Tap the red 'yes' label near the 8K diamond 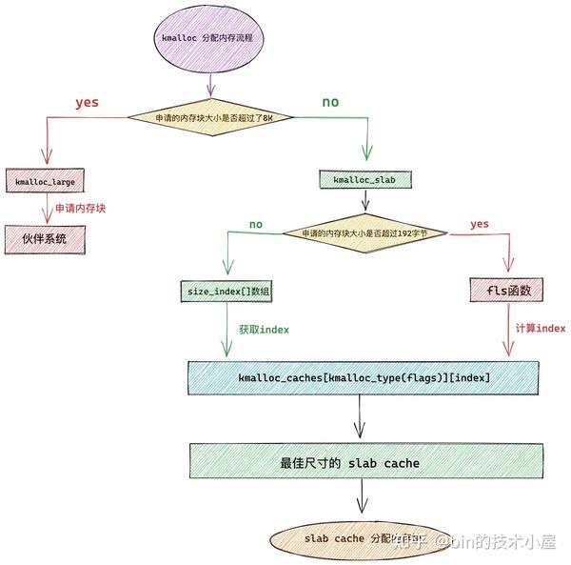pos(87,102)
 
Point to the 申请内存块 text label pos(79,207)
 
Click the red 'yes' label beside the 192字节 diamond pos(479,225)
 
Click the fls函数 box pos(506,291)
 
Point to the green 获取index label pos(264,329)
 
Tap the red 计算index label pos(540,328)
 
